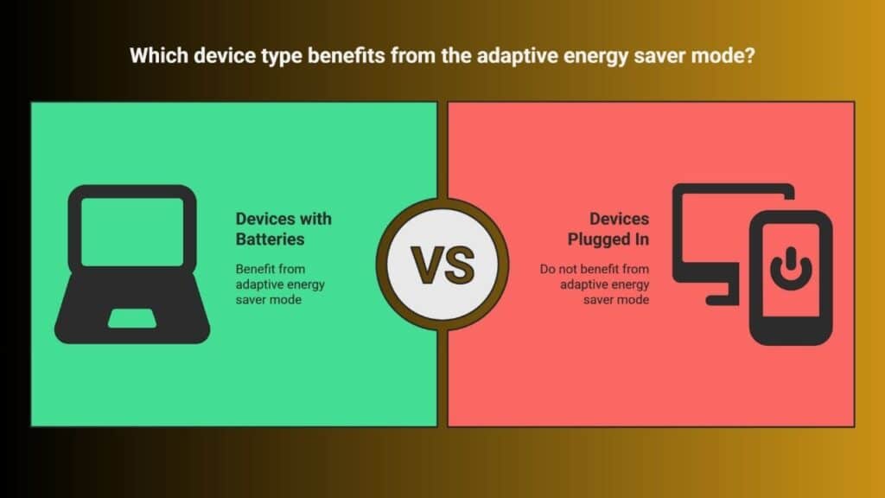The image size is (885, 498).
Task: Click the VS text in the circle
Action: click(x=442, y=265)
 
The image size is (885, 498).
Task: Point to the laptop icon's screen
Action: click(x=132, y=232)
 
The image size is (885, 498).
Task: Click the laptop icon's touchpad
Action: click(x=132, y=318)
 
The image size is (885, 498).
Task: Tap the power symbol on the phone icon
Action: click(x=791, y=268)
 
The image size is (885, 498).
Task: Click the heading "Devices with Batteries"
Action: click(x=283, y=228)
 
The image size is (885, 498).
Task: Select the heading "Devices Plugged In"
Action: click(x=608, y=228)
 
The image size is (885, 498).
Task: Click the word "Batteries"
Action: click(x=270, y=239)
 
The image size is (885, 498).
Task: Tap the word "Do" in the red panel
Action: click(x=547, y=269)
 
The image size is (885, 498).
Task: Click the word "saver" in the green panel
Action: click(x=251, y=300)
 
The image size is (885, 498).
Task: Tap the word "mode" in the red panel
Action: click(x=633, y=300)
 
